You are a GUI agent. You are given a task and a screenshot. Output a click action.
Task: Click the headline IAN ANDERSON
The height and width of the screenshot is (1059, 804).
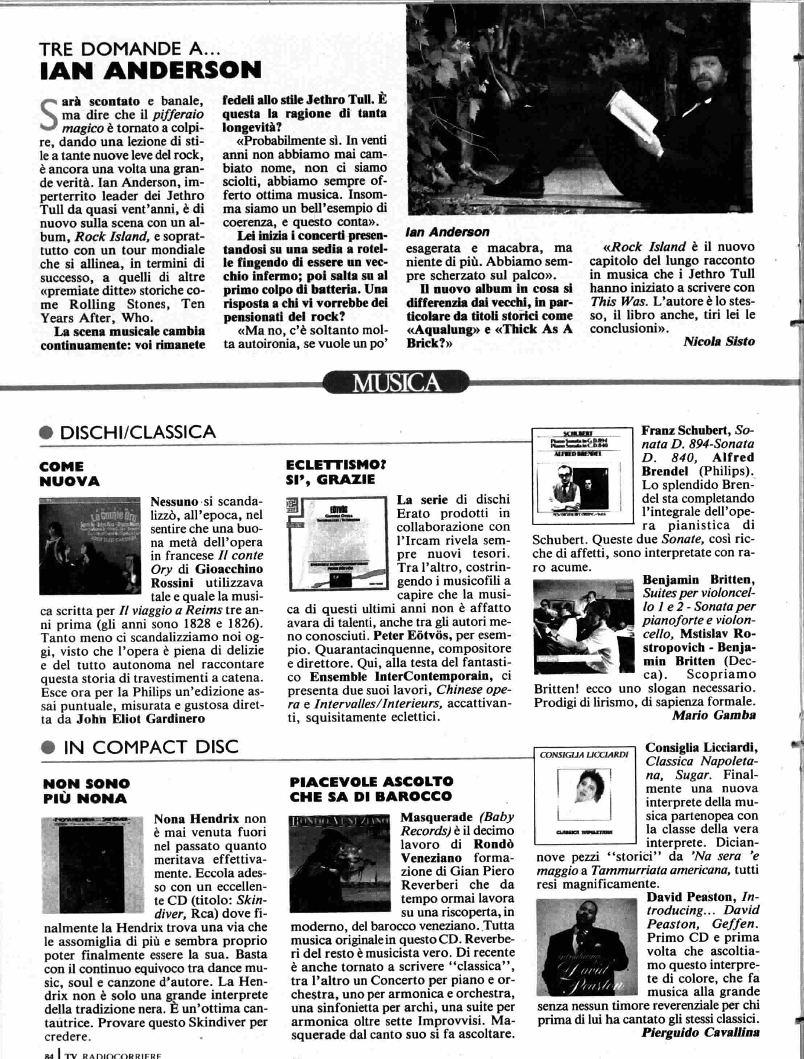pyautogui.click(x=151, y=70)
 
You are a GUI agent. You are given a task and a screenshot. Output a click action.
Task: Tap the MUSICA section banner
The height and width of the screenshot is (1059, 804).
pyautogui.click(x=397, y=383)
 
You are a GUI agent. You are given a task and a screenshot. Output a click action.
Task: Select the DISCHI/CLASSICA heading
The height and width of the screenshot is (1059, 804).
pyautogui.click(x=136, y=432)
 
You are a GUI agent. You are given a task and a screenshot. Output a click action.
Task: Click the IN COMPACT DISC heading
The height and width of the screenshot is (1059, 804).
pyautogui.click(x=150, y=747)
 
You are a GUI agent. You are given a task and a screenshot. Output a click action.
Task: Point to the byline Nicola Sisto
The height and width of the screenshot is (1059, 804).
pyautogui.click(x=719, y=341)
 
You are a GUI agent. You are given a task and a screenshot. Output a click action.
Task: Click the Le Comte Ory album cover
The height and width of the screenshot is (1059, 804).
pyautogui.click(x=90, y=545)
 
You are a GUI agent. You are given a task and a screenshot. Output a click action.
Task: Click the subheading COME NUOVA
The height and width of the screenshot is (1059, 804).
pyautogui.click(x=69, y=473)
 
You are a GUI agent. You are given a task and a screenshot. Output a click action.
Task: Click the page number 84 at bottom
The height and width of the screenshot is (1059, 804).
pyautogui.click(x=48, y=1055)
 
